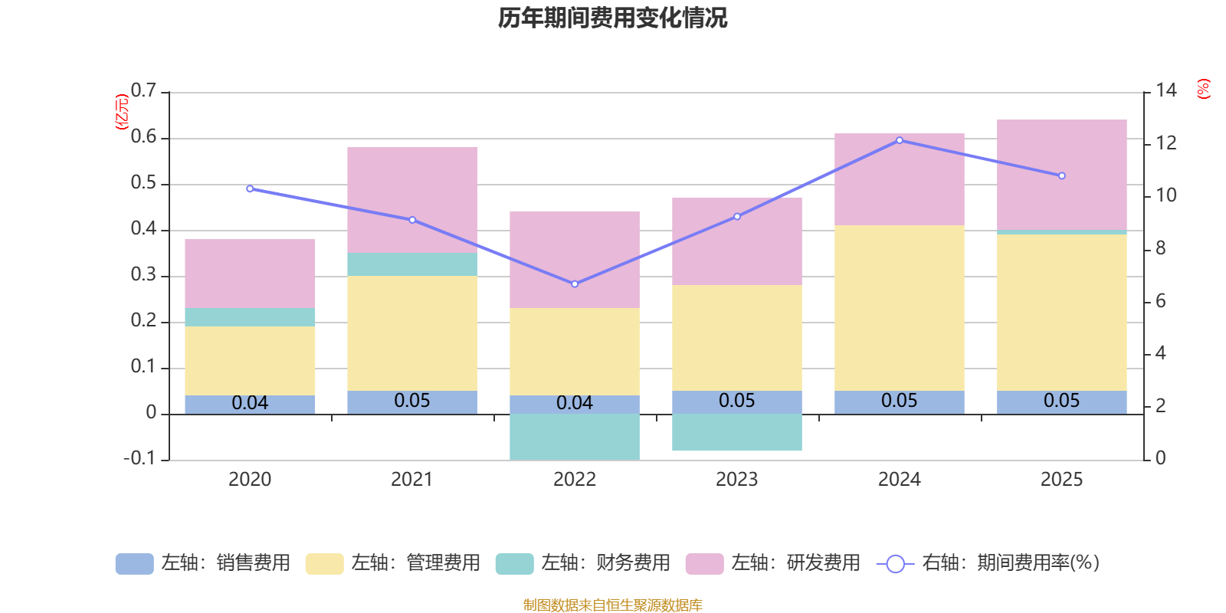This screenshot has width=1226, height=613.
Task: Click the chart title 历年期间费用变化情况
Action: (x=612, y=18)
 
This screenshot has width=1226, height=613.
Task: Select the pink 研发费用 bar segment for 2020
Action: (x=250, y=274)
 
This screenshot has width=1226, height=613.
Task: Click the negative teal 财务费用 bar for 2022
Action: (x=575, y=437)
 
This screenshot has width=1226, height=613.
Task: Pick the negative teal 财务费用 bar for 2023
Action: (x=737, y=432)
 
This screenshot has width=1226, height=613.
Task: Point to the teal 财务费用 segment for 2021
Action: (x=412, y=264)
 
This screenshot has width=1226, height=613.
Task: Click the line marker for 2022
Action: (x=575, y=284)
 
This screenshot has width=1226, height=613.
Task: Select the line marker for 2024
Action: (x=900, y=140)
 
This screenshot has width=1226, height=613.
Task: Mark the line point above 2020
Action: (x=250, y=188)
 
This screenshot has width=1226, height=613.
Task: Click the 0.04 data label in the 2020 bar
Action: (x=250, y=403)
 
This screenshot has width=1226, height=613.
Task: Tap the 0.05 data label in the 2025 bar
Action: (x=1061, y=401)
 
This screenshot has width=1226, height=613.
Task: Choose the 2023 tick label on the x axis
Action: (x=737, y=480)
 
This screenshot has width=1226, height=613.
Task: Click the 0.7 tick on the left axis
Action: (x=143, y=90)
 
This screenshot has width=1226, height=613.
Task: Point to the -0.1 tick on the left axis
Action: (x=139, y=458)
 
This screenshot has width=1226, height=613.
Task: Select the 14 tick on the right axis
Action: (x=1166, y=90)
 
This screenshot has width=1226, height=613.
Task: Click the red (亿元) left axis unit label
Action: (x=121, y=112)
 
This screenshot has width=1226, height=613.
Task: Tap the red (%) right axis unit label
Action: (x=1203, y=89)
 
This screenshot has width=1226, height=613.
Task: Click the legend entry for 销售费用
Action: (x=203, y=563)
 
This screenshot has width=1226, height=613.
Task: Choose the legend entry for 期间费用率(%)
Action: (x=988, y=563)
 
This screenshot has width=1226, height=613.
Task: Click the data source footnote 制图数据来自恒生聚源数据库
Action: (x=612, y=605)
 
